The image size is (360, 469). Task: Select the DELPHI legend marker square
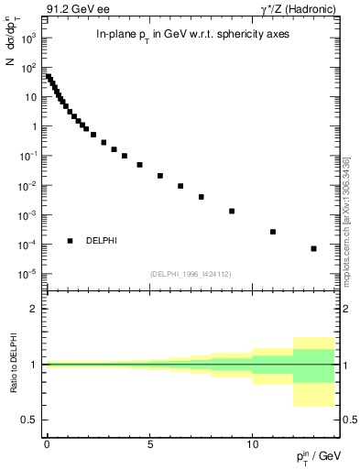click(70, 241)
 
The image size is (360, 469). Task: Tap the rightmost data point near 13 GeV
click(313, 248)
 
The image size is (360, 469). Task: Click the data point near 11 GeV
click(273, 232)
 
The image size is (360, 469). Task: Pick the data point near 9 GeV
click(232, 211)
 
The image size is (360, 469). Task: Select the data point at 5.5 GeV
click(160, 176)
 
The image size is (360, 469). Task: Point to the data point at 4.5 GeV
click(139, 165)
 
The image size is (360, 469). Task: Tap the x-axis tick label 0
click(47, 442)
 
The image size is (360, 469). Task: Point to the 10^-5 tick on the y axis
click(30, 274)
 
